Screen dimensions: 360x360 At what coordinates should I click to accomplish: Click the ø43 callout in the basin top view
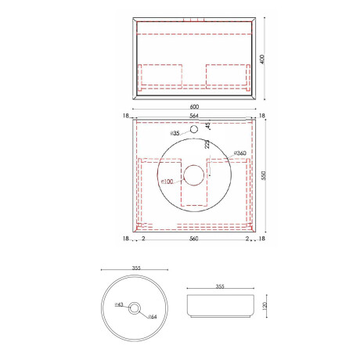(120, 306)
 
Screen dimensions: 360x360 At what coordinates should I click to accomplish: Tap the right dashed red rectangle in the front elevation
(228, 74)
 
